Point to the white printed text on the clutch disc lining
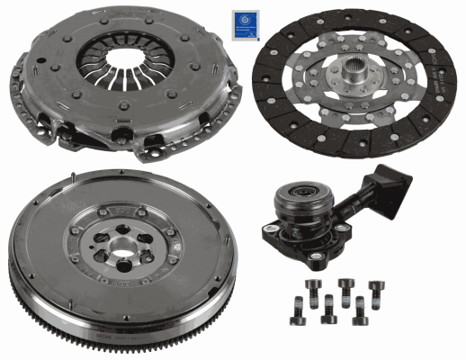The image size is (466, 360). coord(439,78)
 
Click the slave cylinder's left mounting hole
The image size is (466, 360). coord(268,232)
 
